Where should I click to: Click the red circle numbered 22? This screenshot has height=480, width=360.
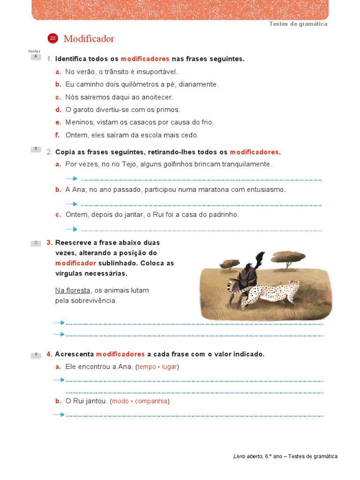53,39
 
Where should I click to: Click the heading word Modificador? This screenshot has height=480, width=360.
89,39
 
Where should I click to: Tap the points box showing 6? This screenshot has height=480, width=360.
36,57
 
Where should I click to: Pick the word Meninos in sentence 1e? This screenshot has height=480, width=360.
78,122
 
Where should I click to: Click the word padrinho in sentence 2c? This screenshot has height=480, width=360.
222,214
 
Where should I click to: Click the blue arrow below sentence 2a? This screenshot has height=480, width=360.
71,179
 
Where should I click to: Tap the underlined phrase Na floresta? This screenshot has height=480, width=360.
73,290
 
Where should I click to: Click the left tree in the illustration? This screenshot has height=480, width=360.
229,263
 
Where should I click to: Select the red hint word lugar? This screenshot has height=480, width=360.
169,367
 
